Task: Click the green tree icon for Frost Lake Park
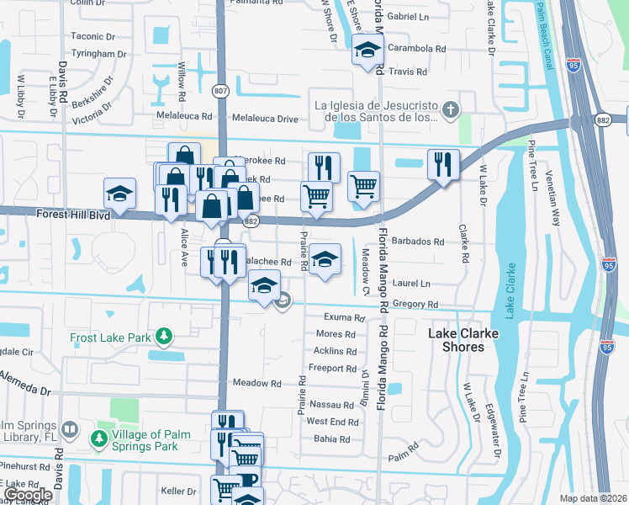pyautogui.click(x=165, y=338)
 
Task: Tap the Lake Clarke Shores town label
pyautogui.click(x=462, y=340)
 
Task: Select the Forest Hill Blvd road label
pyautogui.click(x=74, y=215)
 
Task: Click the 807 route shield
pyautogui.click(x=220, y=91)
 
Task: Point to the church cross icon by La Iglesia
pyautogui.click(x=452, y=109)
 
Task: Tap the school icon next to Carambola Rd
pyautogui.click(x=367, y=50)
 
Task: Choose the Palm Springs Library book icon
pyautogui.click(x=71, y=429)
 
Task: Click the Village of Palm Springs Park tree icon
pyautogui.click(x=98, y=438)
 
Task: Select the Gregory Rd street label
pyautogui.click(x=421, y=305)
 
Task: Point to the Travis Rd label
pyautogui.click(x=409, y=72)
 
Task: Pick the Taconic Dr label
pyautogui.click(x=92, y=36)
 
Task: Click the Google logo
pyautogui.click(x=29, y=495)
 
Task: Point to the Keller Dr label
pyautogui.click(x=178, y=491)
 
